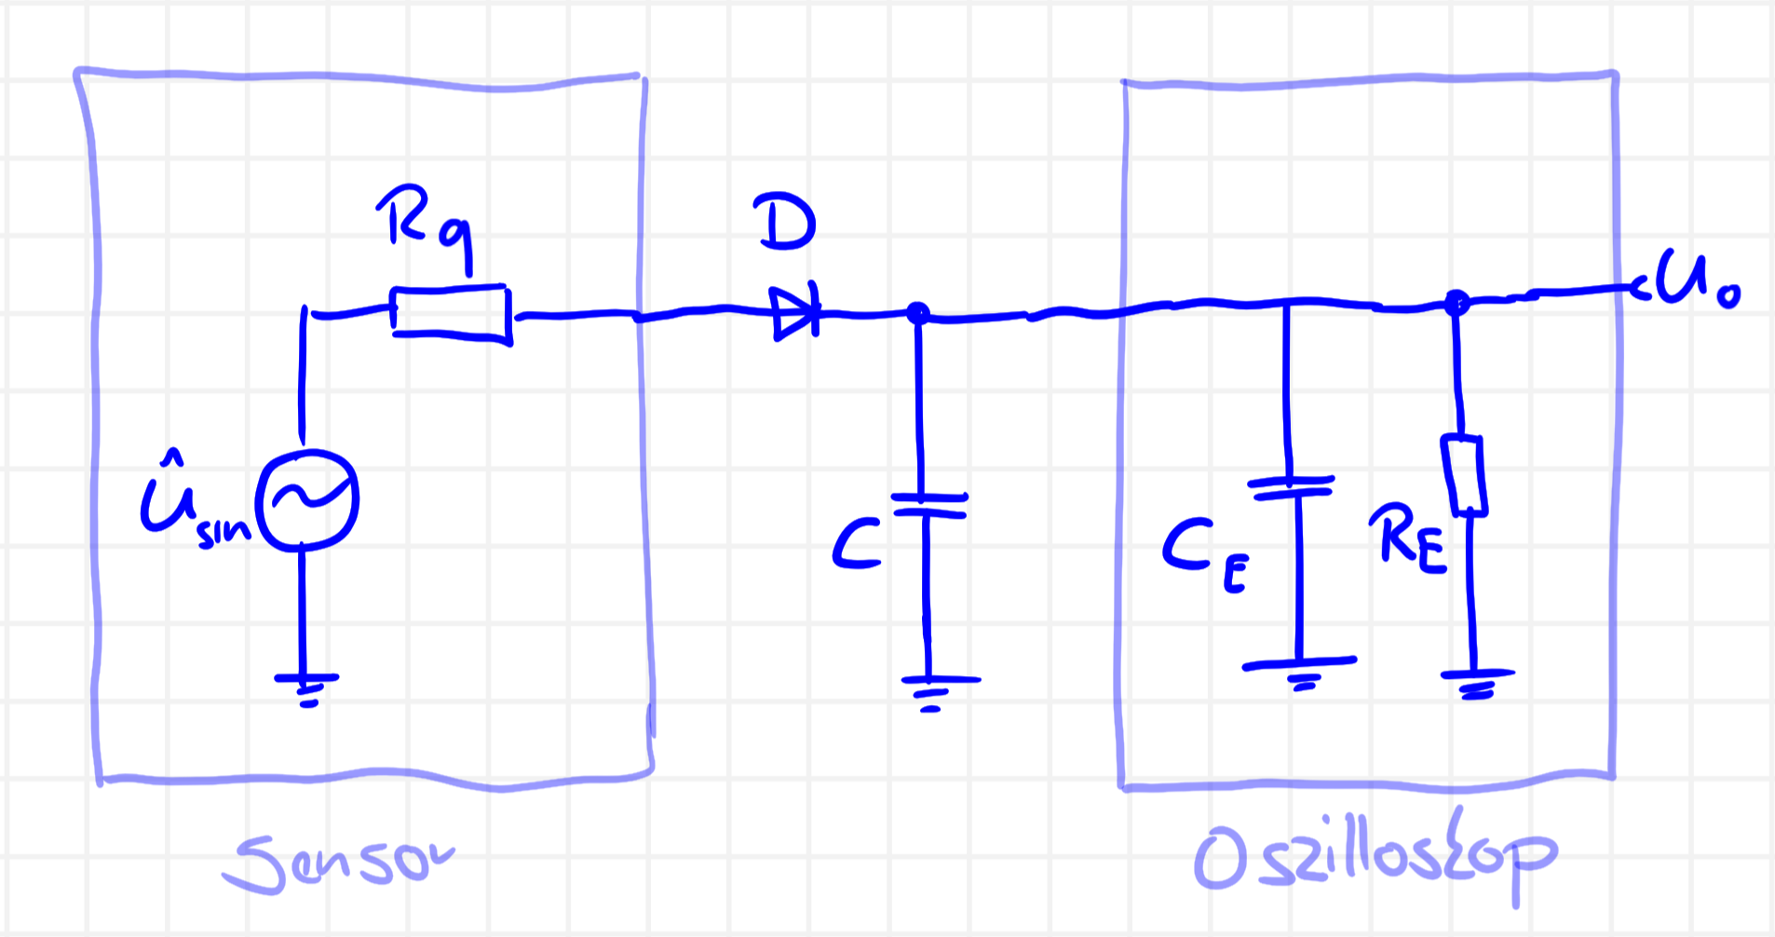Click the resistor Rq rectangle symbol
(451, 314)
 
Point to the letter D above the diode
(787, 223)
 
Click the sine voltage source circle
(307, 500)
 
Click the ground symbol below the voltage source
(306, 687)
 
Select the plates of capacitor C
(928, 505)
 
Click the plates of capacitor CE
(1292, 487)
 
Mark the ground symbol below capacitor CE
(1300, 671)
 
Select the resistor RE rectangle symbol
(1463, 474)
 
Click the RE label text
(1411, 541)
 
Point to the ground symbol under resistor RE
(1477, 682)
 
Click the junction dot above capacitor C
(917, 313)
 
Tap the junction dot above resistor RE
(1456, 302)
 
